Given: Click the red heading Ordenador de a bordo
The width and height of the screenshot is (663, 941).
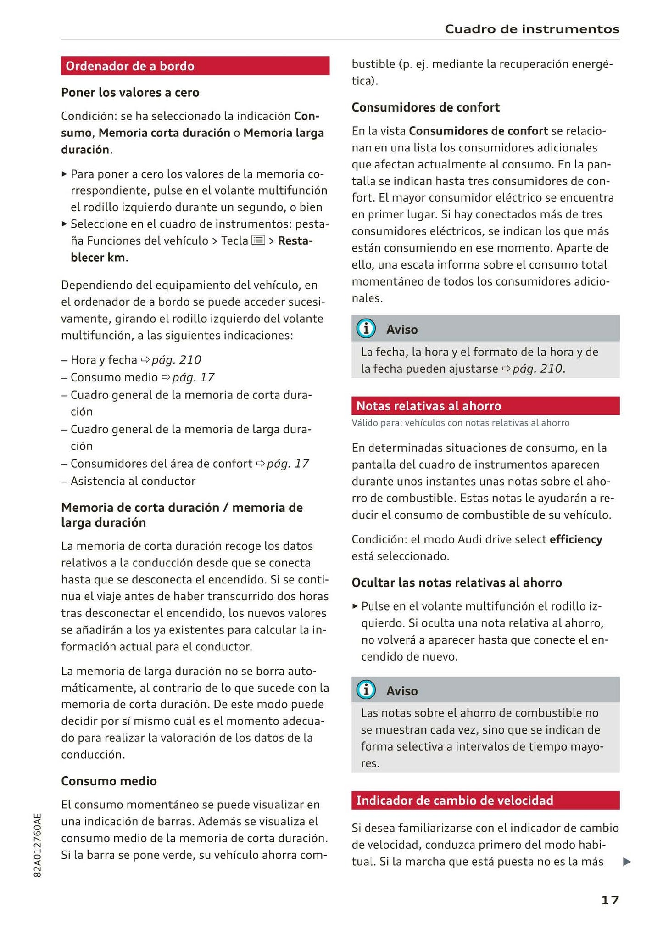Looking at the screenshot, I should [x=130, y=66].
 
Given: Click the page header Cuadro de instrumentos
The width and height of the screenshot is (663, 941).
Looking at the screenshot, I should [x=532, y=29].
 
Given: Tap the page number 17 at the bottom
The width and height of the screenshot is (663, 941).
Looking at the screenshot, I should [x=610, y=900].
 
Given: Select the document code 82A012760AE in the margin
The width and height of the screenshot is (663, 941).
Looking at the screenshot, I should [x=38, y=845].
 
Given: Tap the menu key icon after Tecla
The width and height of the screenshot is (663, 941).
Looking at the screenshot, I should [x=258, y=240].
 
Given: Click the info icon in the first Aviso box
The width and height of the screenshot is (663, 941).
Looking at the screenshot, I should [x=366, y=329].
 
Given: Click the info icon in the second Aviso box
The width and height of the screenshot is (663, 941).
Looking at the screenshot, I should [x=366, y=690].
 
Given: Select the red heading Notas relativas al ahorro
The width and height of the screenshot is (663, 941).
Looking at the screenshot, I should [x=429, y=406].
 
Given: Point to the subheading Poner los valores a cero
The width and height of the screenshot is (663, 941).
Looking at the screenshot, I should [x=130, y=92].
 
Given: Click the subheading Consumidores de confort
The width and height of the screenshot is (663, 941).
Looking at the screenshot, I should [x=425, y=107].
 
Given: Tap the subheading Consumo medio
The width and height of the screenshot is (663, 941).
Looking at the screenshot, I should [x=109, y=781].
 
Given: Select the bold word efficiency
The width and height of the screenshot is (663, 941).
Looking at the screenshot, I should [x=575, y=539].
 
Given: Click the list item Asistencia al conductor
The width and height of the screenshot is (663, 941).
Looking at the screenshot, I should [x=133, y=481].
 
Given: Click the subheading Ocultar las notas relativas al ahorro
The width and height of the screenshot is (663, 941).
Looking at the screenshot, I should [x=457, y=583].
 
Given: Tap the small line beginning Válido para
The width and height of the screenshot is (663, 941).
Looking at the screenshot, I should [x=460, y=423].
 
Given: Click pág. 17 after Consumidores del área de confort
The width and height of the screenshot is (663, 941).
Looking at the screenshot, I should [x=288, y=464].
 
